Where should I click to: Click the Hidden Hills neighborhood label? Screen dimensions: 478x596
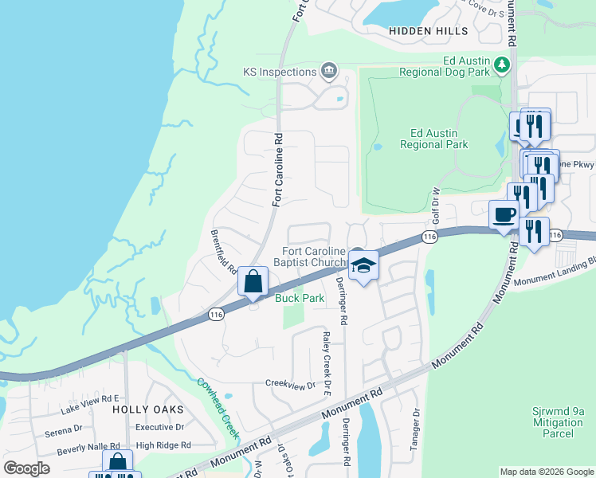point(424,30)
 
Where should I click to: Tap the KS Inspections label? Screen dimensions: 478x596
point(280,72)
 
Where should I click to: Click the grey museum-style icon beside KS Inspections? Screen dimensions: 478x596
point(327,72)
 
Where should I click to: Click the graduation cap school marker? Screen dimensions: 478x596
point(363,265)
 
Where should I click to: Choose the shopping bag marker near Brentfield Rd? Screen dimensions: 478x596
point(253,282)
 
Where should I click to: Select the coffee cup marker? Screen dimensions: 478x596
point(504,214)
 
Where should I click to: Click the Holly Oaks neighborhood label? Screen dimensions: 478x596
point(147,409)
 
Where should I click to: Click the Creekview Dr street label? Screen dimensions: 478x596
point(290,385)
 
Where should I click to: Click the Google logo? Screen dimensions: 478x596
point(26,468)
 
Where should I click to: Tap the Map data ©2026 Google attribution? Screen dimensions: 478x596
point(546,472)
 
